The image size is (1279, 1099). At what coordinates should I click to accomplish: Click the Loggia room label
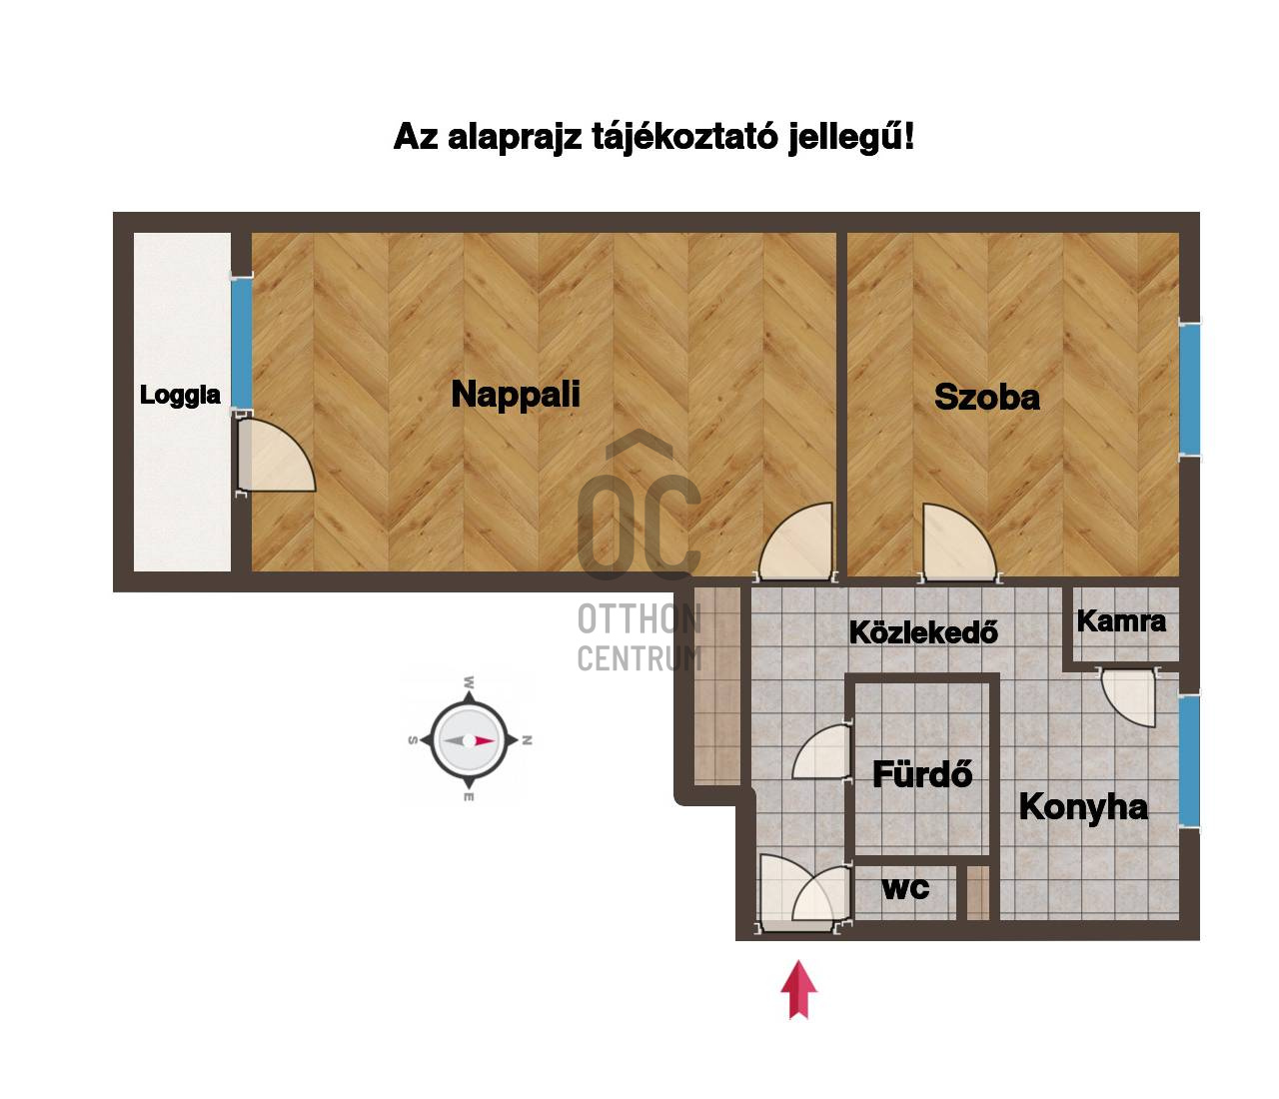pyautogui.click(x=180, y=396)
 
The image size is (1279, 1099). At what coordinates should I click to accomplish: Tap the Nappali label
pyautogui.click(x=516, y=395)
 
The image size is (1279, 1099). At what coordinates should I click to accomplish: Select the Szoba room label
pyautogui.click(x=987, y=397)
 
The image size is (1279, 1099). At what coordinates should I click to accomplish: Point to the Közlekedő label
pyautogui.click(x=924, y=631)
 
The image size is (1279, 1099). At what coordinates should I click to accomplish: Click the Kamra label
pyautogui.click(x=1121, y=621)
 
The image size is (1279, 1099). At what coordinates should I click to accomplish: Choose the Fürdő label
pyautogui.click(x=922, y=774)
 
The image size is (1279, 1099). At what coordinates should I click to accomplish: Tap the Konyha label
pyautogui.click(x=1083, y=807)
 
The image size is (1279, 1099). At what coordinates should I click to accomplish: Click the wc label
pyautogui.click(x=905, y=889)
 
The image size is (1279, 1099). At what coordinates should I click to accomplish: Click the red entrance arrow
pyautogui.click(x=798, y=989)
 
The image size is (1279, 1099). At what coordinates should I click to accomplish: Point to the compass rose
pyautogui.click(x=470, y=740)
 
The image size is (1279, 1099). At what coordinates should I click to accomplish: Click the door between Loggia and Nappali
pyautogui.click(x=276, y=456)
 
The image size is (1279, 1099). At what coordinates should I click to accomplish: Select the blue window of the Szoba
pyautogui.click(x=1189, y=390)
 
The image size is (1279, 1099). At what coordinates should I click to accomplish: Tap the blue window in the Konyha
pyautogui.click(x=1189, y=760)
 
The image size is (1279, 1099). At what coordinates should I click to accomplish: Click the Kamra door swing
pyautogui.click(x=1128, y=698)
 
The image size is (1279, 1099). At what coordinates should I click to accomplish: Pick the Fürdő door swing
pyautogui.click(x=821, y=752)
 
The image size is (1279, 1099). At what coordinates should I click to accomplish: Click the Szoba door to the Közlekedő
pyautogui.click(x=959, y=543)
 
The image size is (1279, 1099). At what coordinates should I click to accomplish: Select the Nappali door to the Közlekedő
pyautogui.click(x=795, y=542)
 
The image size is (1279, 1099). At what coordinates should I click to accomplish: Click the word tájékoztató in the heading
pyautogui.click(x=683, y=137)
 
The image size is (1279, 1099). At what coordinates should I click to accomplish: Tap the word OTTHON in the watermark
pyautogui.click(x=639, y=620)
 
